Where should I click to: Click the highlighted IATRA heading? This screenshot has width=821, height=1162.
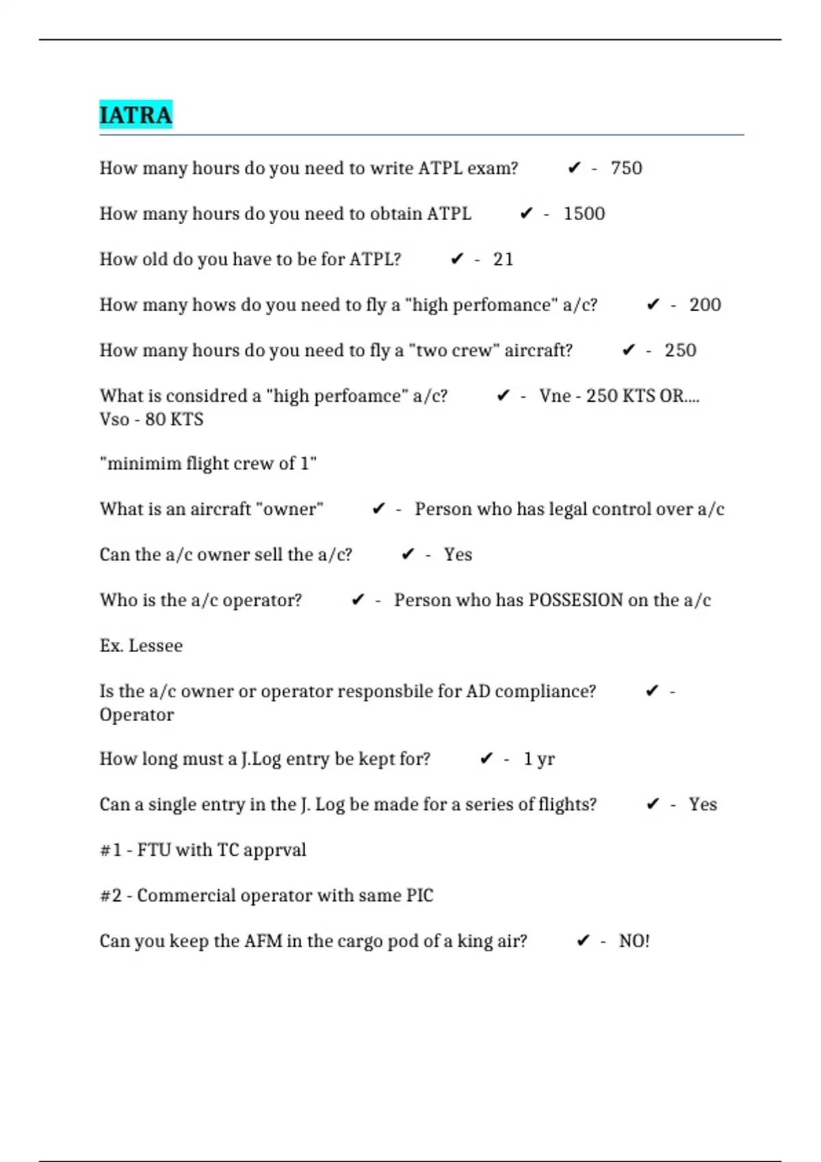coord(135,115)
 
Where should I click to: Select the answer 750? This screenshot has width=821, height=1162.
coord(626,168)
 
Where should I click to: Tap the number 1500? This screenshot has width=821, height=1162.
coord(584,214)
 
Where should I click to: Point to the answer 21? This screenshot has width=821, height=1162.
coord(503,260)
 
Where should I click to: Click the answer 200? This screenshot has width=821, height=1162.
coord(705,305)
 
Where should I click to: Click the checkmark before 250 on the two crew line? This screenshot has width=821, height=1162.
coord(629,351)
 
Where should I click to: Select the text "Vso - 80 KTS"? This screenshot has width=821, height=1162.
coord(151,419)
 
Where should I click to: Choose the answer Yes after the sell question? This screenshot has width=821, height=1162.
coord(458,554)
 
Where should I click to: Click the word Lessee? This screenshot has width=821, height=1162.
coord(155,646)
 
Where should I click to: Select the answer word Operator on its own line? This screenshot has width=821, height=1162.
coord(137,715)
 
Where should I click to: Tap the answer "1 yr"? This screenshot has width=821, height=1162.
coord(539,759)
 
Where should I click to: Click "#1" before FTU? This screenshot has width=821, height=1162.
coord(111,850)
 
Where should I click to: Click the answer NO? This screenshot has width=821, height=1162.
coord(634,941)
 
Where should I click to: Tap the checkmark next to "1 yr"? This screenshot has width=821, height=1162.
coord(486,759)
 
